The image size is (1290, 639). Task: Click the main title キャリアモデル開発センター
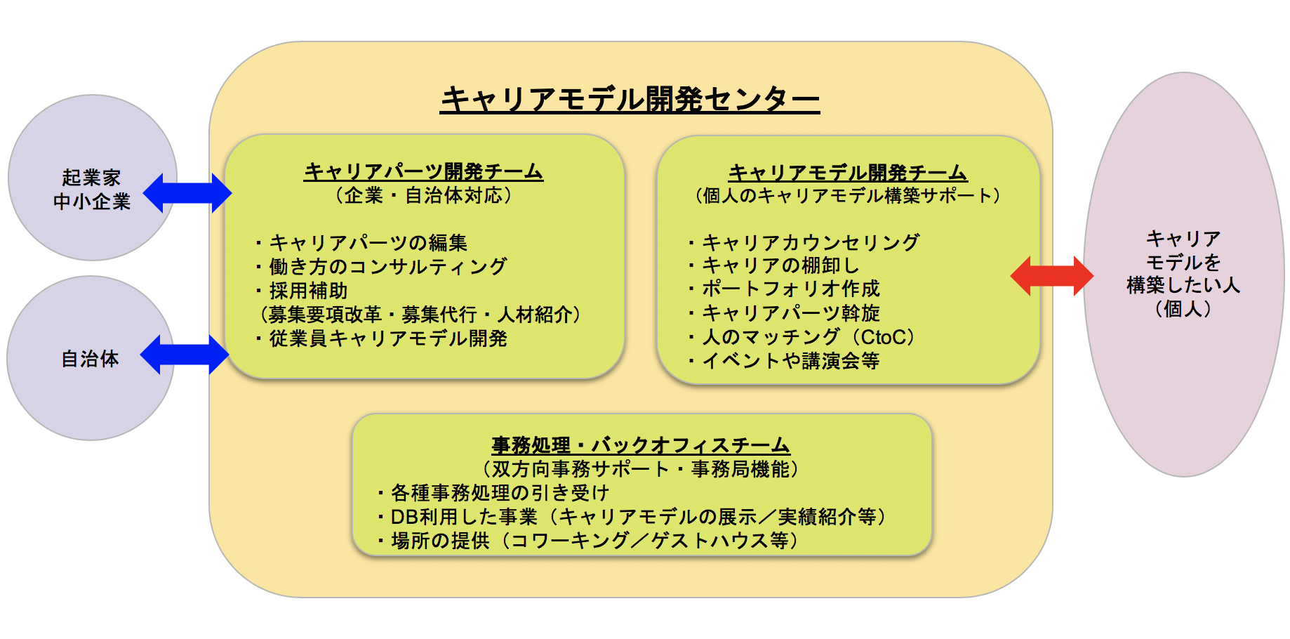click(630, 99)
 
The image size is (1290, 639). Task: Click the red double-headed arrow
click(1051, 276)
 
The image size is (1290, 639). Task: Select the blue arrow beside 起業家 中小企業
click(187, 193)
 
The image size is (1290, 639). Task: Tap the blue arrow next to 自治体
click(185, 355)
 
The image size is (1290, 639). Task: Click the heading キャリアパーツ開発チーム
click(423, 171)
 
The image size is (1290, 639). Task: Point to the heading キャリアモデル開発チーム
click(847, 172)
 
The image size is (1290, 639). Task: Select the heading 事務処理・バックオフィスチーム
click(641, 445)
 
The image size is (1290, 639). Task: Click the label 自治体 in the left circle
click(91, 359)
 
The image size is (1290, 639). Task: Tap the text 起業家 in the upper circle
click(91, 178)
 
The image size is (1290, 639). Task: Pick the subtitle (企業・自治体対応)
click(423, 195)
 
